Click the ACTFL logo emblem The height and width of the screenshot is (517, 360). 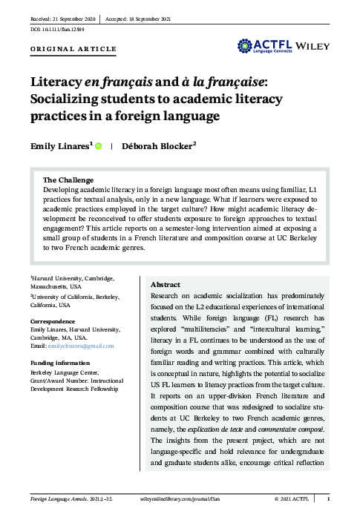pyautogui.click(x=246, y=47)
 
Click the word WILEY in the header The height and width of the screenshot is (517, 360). pyautogui.click(x=313, y=46)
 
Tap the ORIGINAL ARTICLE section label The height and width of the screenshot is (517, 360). pyautogui.click(x=73, y=49)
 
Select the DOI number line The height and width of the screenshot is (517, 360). pyautogui.click(x=58, y=27)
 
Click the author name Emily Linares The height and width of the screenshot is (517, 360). pyautogui.click(x=61, y=146)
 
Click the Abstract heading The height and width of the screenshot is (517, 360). pyautogui.click(x=166, y=284)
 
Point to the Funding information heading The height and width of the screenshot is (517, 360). pyautogui.click(x=65, y=363)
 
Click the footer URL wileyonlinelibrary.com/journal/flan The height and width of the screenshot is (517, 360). pyautogui.click(x=180, y=499)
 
